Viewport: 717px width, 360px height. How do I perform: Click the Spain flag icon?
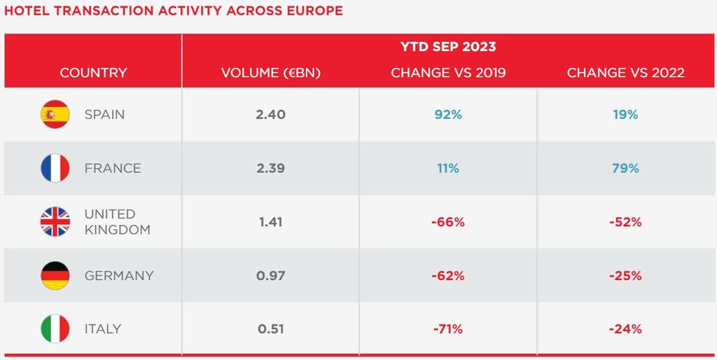(x=55, y=114)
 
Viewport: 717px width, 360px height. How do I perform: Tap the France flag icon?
(x=55, y=168)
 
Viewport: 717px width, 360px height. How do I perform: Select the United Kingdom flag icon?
(x=55, y=222)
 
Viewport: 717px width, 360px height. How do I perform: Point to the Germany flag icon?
(x=55, y=275)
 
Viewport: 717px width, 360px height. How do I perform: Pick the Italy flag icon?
(x=55, y=328)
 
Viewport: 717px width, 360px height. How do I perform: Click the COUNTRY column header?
(x=93, y=73)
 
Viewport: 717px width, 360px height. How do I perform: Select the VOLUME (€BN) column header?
(x=270, y=73)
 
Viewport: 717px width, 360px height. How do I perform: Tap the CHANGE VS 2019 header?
(x=447, y=73)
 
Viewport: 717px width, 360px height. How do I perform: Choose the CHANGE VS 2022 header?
(x=625, y=73)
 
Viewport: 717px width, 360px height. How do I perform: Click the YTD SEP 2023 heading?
(x=447, y=47)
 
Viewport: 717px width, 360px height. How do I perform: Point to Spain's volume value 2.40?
(x=270, y=114)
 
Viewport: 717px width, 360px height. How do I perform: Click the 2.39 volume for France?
(x=270, y=168)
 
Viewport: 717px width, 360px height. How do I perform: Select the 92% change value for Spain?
(x=447, y=114)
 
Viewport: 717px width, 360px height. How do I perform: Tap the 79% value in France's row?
(x=625, y=168)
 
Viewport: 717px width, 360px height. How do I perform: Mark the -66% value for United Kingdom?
(x=447, y=222)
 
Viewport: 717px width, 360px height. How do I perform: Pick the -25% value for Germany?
(x=625, y=275)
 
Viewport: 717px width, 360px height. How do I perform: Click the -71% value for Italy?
(x=447, y=328)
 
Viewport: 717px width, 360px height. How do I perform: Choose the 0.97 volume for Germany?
(x=270, y=275)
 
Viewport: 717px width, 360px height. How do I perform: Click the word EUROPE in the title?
(x=313, y=11)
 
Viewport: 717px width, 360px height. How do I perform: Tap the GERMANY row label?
(x=118, y=275)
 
